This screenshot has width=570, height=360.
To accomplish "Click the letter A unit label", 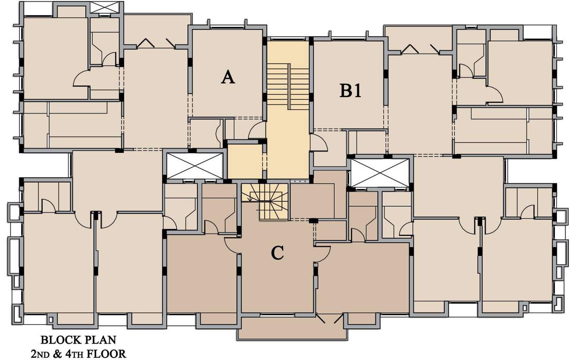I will coord(228,77).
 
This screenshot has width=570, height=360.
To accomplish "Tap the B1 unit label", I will coord(350,90).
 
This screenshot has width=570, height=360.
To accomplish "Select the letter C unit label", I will coord(277,253).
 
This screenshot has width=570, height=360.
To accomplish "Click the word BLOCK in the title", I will coord(59,339).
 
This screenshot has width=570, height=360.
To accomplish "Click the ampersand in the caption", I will coord(59,353).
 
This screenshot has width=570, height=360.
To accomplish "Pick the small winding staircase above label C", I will coord(265,201).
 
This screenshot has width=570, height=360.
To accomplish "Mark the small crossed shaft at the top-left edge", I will coord(104,7).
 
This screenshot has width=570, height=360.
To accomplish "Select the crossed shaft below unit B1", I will coord(380,172).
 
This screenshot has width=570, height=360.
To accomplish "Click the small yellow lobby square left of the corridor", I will coord(245,161).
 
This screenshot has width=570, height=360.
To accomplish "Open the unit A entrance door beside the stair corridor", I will coord(257,131).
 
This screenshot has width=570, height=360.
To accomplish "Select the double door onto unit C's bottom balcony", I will coord(330,319).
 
